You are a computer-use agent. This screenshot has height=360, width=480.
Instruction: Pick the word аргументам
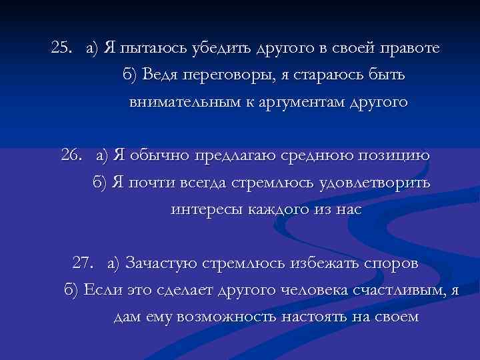(x=295, y=103)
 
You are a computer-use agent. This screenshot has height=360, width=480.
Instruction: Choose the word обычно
(x=157, y=155)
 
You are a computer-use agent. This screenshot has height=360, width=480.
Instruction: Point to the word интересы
(x=203, y=209)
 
